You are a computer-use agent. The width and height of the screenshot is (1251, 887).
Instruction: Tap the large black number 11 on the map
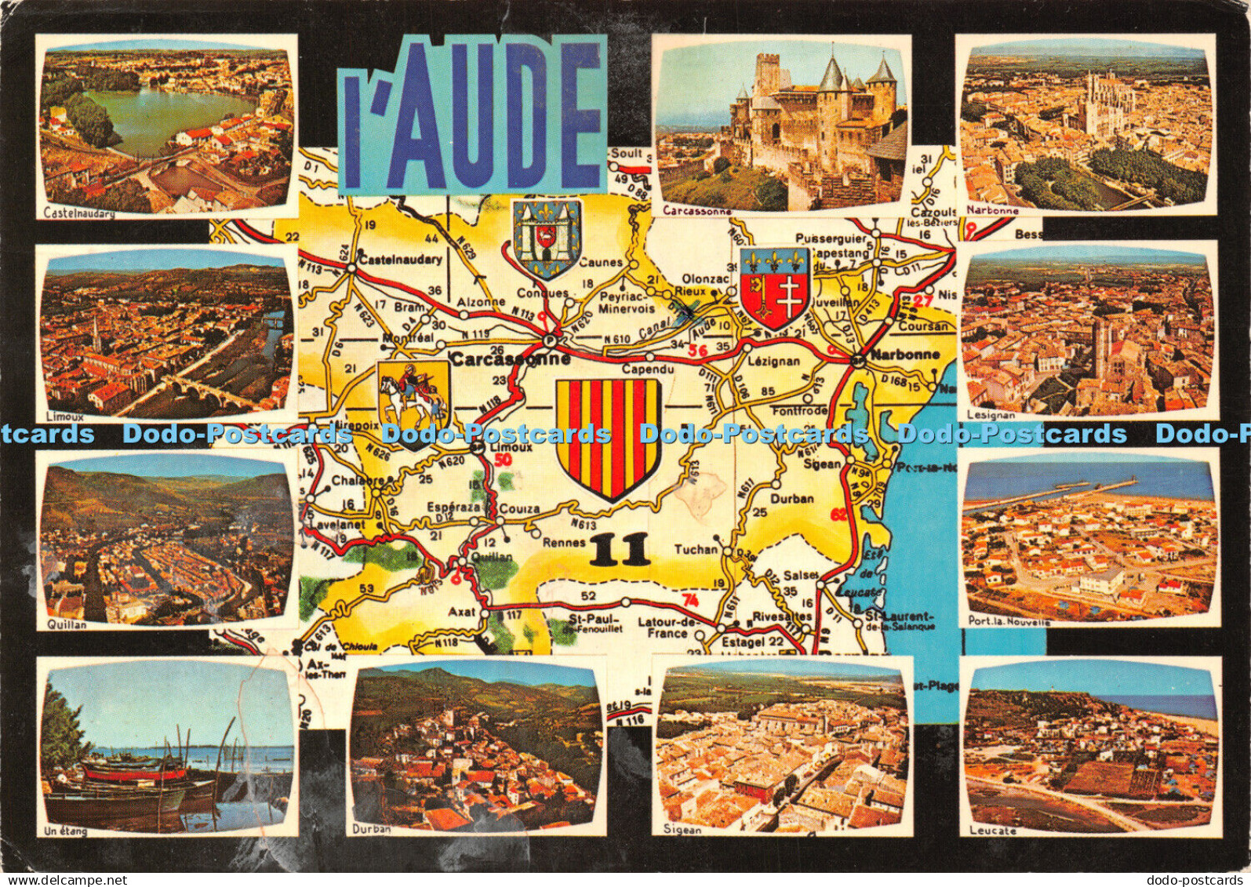click(620, 550)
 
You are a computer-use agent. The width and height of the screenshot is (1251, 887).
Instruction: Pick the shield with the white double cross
click(775, 289)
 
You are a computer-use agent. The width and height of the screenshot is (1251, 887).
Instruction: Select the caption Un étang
click(67, 831)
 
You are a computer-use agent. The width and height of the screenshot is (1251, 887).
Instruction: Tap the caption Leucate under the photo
click(992, 831)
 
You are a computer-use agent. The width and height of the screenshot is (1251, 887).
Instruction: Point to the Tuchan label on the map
click(696, 550)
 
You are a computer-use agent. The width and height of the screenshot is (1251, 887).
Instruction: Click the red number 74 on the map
click(689, 601)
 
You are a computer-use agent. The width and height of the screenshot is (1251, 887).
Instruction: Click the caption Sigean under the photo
click(679, 830)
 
